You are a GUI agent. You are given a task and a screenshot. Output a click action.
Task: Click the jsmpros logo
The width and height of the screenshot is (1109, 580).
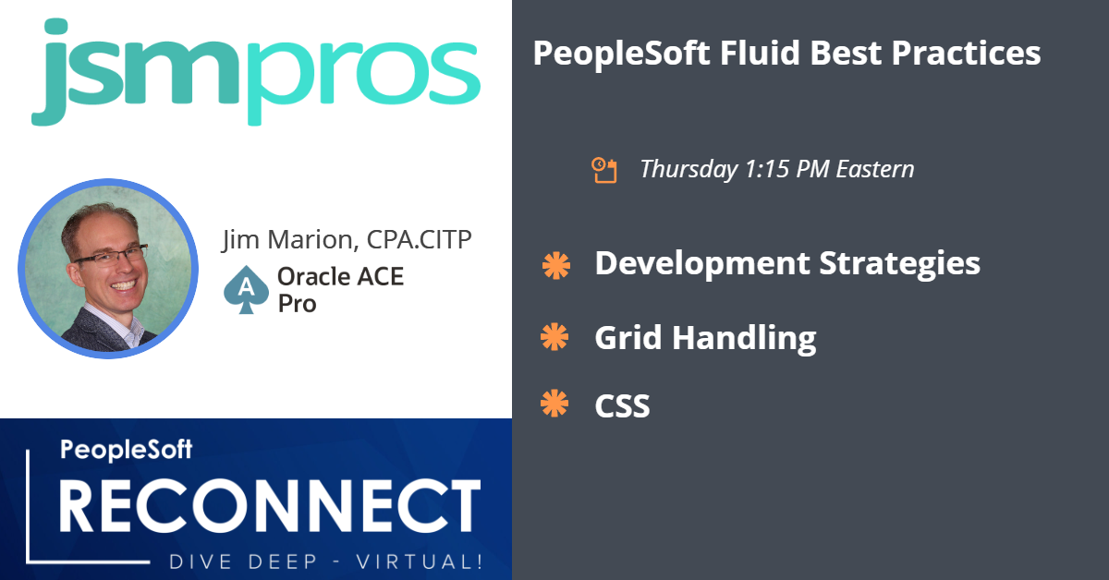[255, 72]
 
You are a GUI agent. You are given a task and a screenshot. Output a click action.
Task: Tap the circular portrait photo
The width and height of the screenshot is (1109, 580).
[108, 269]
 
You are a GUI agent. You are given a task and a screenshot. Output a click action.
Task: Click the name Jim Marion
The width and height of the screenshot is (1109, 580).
[290, 240]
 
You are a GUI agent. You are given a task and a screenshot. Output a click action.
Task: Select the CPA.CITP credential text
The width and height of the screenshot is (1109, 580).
[419, 239]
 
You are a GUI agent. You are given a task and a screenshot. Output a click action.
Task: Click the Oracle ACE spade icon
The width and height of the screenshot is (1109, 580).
[246, 289]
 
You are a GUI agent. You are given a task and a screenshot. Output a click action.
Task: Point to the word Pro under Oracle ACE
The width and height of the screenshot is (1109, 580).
[297, 303]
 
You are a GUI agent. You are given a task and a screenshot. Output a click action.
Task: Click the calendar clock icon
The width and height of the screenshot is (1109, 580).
[604, 170]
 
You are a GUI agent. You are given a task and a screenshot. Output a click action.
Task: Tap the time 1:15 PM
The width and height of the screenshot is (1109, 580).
[786, 169]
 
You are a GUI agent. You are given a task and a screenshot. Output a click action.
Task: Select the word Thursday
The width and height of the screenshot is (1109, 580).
[689, 170]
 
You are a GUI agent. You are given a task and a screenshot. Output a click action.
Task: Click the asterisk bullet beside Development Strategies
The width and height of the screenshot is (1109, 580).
[556, 266]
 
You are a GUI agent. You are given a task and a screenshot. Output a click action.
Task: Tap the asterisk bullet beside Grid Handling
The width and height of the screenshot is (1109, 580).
[554, 337]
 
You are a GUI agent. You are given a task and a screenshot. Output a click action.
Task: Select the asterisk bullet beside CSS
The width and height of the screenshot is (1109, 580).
[554, 404]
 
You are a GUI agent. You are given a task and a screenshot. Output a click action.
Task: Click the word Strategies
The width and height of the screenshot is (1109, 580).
[899, 264]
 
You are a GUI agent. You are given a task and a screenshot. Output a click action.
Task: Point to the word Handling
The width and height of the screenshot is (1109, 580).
[744, 339]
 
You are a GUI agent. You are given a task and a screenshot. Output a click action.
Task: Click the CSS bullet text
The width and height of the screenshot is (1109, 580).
[622, 406]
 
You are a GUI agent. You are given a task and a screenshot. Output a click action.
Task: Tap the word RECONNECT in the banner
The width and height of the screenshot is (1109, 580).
[270, 506]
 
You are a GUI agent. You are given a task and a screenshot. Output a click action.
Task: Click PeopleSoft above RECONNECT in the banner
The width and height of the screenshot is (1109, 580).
[126, 450]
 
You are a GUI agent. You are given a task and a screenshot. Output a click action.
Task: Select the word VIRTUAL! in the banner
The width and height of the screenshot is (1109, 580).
[420, 562]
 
